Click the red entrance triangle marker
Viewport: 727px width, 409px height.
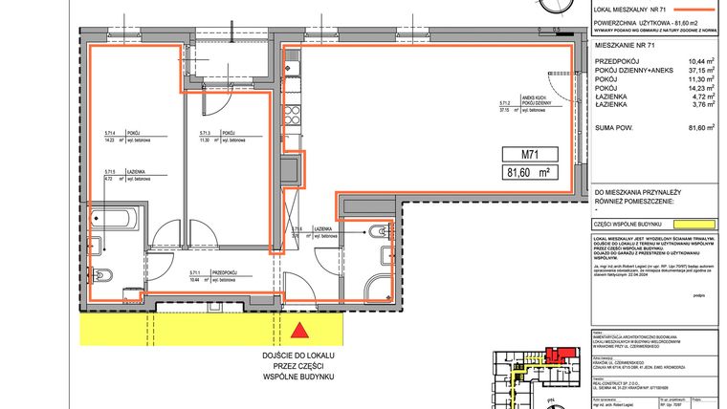300,333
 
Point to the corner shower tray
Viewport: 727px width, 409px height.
377,281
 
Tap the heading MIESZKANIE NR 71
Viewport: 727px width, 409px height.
627,44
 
